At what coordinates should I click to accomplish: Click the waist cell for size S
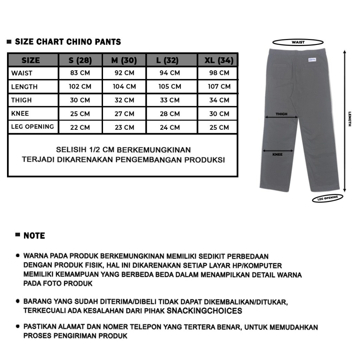pos(80,73)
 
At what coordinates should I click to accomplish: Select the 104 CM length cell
pos(124,86)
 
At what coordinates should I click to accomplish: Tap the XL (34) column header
pos(219,60)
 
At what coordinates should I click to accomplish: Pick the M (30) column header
pos(124,60)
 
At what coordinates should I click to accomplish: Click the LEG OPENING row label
pos(32,127)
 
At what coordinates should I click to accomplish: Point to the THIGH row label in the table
pos(21,100)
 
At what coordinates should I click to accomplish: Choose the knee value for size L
pos(170,114)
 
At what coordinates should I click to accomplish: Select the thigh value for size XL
pos(219,100)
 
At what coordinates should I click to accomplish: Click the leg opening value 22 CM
pos(80,127)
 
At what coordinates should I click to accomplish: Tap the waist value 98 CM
pos(219,73)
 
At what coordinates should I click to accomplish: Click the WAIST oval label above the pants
pos(298,42)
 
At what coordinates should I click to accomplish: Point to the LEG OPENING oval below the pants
pos(327,198)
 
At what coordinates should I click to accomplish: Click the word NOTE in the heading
pos(34,236)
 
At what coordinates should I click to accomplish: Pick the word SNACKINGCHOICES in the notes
pos(204,311)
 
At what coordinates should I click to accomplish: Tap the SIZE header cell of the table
pos(31,60)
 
